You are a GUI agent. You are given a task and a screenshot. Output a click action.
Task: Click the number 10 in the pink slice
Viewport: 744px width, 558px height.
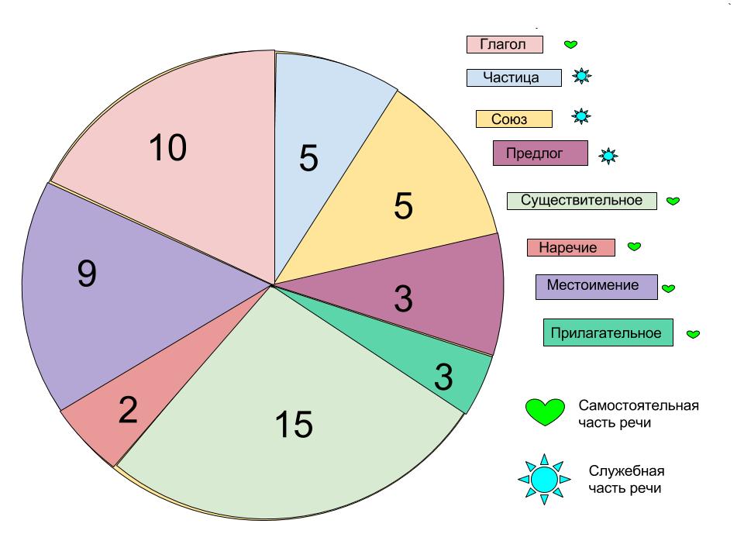tap(167, 147)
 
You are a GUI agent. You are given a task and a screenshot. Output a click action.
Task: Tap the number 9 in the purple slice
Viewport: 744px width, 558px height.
tap(87, 274)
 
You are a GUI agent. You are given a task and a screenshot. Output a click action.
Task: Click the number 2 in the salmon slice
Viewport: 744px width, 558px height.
tap(128, 410)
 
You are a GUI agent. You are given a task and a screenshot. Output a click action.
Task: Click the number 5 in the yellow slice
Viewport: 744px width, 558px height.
tap(404, 205)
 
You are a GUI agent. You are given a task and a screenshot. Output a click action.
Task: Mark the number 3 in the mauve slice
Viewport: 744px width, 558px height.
tap(403, 299)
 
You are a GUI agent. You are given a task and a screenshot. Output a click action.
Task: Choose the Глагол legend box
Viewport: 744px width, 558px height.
tap(505, 44)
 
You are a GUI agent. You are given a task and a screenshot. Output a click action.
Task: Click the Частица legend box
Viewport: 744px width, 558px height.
tap(514, 77)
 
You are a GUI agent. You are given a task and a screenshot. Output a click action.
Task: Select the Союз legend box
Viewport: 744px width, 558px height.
tap(514, 119)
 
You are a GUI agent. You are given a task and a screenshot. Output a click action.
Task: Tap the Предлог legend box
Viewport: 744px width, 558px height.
tap(540, 153)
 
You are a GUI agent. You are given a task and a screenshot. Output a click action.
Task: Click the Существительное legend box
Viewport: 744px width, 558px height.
tap(581, 201)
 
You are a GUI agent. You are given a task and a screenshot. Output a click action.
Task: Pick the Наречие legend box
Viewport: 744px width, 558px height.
tap(570, 248)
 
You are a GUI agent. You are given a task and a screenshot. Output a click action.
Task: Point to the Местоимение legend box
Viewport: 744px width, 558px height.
tap(596, 286)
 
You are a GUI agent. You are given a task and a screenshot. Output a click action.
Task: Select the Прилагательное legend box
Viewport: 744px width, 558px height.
tap(608, 333)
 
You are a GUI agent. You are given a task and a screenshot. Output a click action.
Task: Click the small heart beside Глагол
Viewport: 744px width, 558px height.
tap(570, 45)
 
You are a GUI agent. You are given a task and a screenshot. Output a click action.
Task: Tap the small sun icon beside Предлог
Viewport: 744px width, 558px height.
tap(608, 156)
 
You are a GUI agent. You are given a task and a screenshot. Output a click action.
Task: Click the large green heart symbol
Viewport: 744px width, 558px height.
tap(546, 410)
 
